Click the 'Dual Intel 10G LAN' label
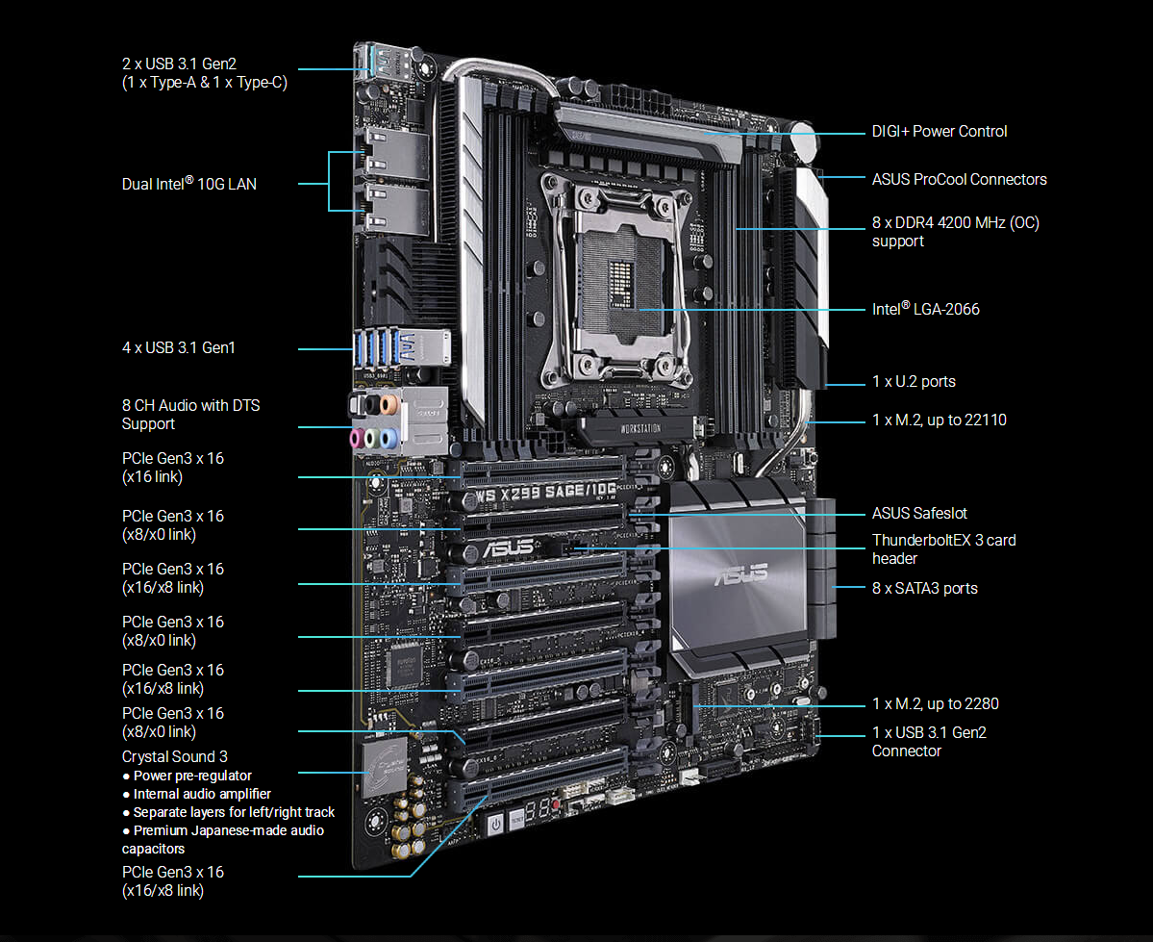189,183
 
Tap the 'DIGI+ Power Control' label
939,131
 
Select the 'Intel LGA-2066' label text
925,308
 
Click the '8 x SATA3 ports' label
924,588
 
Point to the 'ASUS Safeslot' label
919,513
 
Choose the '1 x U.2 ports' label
914,381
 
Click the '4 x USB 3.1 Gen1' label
179,347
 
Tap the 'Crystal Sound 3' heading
175,756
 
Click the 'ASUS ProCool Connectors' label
959,179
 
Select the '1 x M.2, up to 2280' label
936,703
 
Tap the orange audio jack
389,404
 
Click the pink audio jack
357,440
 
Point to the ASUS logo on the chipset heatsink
740,573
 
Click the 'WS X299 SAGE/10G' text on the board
545,492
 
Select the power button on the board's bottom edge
495,825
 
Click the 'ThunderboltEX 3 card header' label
943,549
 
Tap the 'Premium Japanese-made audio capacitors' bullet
223,839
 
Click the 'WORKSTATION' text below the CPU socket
640,428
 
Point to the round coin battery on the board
804,142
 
